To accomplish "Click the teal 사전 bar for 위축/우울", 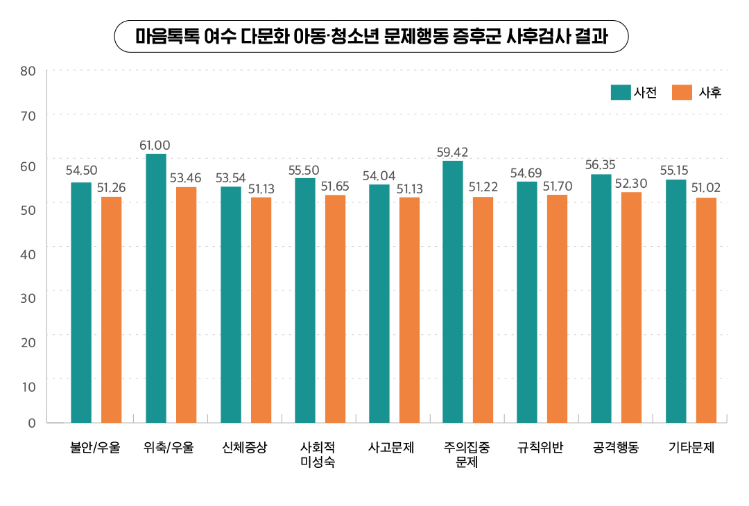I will tap(156, 288).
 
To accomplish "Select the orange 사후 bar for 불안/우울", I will tap(112, 309).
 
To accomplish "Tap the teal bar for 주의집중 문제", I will tap(453, 291).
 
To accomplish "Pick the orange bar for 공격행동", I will tap(631, 307).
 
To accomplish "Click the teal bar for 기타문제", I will tap(676, 301).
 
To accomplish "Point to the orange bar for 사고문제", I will tap(409, 310).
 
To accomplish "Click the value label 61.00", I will tap(155, 146).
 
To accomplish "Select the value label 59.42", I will tap(452, 152).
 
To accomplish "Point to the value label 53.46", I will tap(185, 178).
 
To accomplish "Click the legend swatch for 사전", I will tap(620, 92).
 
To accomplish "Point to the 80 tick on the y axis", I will tap(28, 71).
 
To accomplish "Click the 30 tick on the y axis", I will tap(28, 297).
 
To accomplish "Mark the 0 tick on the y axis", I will tap(32, 423).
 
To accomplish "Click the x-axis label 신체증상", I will tap(245, 448).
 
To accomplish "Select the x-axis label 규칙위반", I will tap(541, 448).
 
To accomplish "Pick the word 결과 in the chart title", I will tap(592, 37).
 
